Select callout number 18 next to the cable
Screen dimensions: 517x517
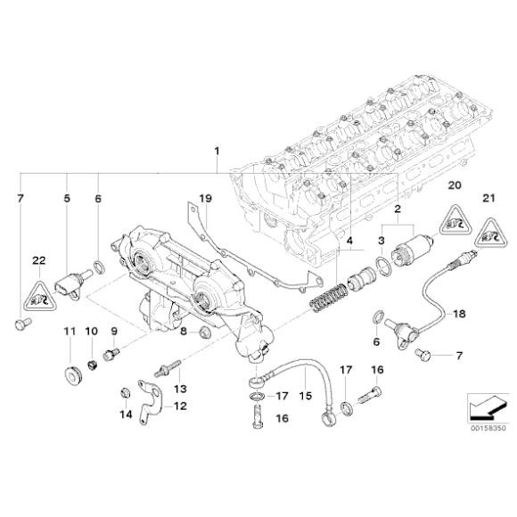[x=459, y=314]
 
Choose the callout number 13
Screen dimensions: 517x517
[x=179, y=388]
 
